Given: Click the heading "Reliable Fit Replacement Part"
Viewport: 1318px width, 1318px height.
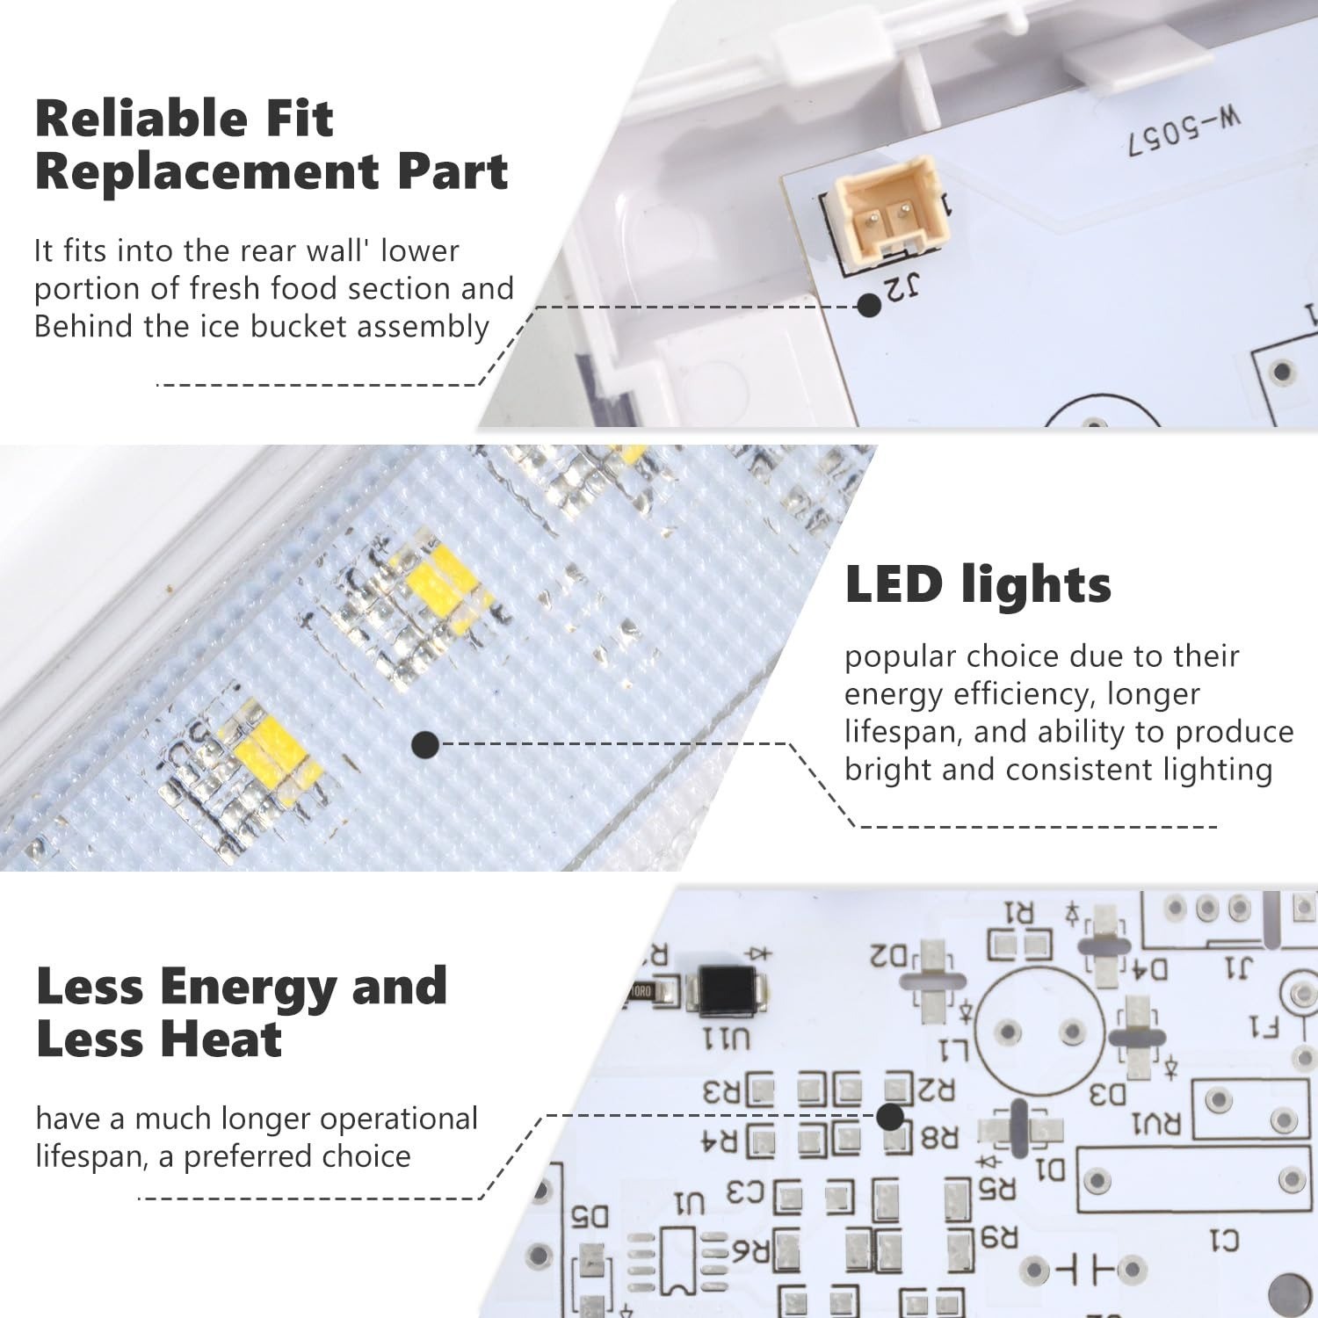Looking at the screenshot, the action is (272, 144).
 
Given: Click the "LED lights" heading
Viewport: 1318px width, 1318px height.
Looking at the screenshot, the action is (978, 584).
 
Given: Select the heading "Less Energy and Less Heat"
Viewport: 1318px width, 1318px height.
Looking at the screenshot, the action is (242, 1012).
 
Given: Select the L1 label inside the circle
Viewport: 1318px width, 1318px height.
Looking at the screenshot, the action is (952, 1050).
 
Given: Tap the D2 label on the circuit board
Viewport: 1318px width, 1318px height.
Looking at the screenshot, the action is (890, 954).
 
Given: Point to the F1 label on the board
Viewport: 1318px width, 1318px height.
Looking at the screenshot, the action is (1263, 1027).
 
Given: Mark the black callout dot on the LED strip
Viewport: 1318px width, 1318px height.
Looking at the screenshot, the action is (425, 745).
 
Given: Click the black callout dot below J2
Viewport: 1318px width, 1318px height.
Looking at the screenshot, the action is (869, 305).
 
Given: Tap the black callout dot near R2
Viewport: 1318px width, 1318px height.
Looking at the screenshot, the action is (890, 1117).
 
